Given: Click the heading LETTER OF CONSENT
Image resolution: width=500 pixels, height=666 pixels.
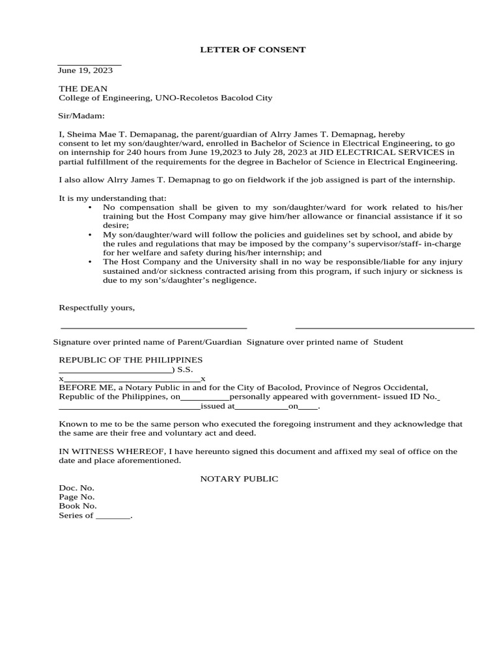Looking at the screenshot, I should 243,49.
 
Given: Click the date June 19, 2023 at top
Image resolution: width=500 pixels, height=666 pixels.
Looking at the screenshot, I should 85,70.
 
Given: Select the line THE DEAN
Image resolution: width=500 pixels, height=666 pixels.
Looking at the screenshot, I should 83,88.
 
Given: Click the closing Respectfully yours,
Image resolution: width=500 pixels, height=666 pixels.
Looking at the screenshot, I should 97,308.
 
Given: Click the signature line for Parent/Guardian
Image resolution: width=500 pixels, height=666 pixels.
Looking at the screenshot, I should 154,328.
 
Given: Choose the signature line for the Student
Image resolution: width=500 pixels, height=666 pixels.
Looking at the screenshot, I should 385,328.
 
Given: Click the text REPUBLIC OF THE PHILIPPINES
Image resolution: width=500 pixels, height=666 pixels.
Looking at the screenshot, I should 131,360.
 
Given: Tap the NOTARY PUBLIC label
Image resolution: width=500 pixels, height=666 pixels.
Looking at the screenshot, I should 239,479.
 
